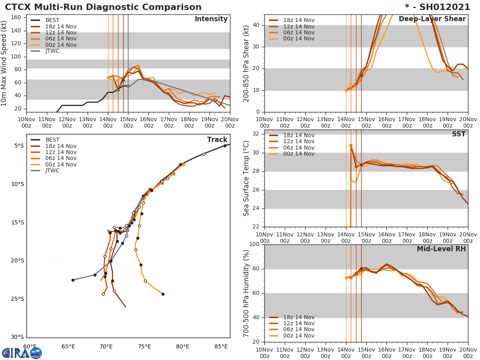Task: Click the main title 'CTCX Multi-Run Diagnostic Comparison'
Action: point(103,7)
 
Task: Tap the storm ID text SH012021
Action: point(442,7)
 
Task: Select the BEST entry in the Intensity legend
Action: point(52,20)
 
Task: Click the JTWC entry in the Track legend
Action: point(52,171)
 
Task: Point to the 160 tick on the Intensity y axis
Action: point(21,18)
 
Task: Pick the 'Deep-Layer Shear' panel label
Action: point(432,19)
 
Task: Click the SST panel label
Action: point(458,134)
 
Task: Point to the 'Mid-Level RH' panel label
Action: point(441,249)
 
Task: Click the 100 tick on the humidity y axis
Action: point(254,244)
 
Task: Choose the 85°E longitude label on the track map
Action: point(221,346)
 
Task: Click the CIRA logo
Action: point(22,353)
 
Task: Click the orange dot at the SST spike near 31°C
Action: point(351,146)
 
